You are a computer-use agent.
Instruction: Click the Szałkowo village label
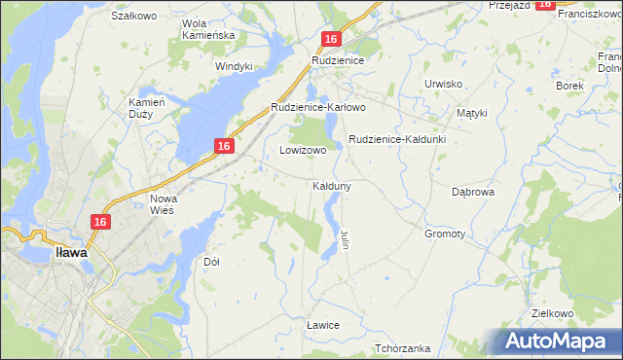click(134, 16)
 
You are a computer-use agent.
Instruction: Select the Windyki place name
click(234, 66)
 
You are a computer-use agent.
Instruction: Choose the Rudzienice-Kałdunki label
click(396, 139)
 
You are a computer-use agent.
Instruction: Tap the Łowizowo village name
click(303, 151)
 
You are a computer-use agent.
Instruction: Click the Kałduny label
click(332, 185)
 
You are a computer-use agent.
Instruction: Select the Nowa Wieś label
click(163, 205)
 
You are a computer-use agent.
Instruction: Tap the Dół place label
click(211, 262)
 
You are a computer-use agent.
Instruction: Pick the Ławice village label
click(322, 324)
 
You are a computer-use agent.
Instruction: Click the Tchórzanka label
click(402, 347)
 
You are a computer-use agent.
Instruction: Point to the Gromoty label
click(444, 234)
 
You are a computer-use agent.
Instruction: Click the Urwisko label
click(443, 84)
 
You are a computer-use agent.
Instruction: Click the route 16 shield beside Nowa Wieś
click(99, 222)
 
